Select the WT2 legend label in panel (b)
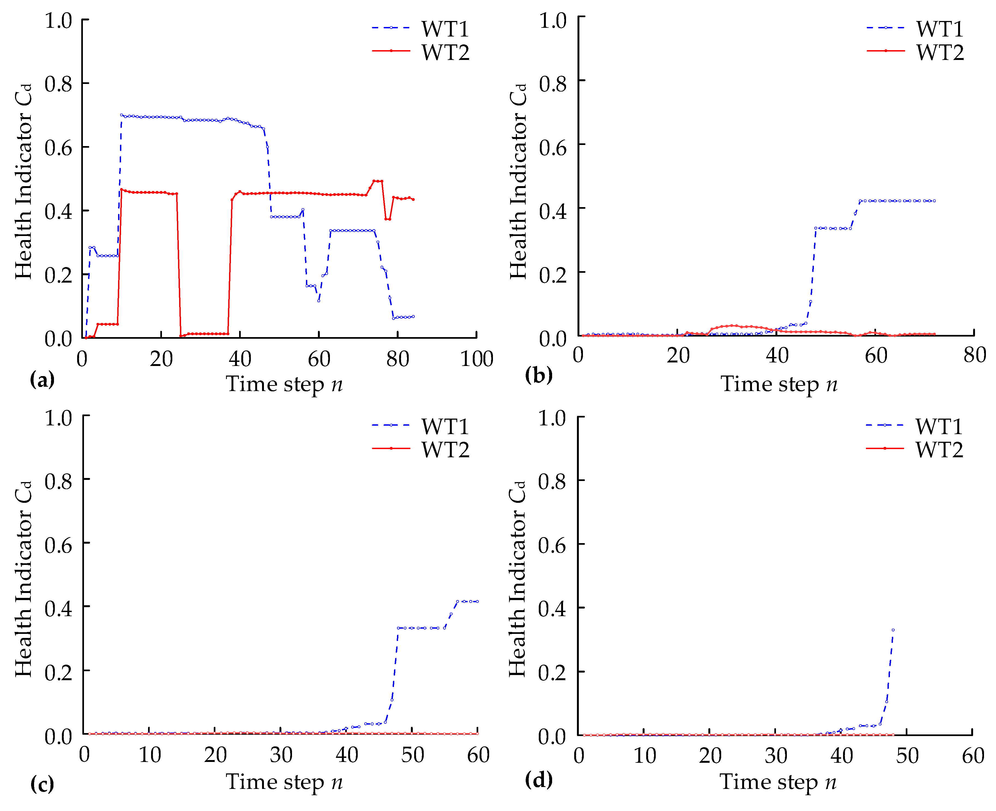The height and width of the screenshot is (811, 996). (x=940, y=52)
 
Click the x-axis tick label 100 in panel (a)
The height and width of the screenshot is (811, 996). (x=476, y=359)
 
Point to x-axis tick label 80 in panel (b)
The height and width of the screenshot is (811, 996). (x=974, y=355)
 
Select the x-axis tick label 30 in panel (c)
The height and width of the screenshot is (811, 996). (x=281, y=755)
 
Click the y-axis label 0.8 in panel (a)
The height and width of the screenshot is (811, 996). (x=58, y=84)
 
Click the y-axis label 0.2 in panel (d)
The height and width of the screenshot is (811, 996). (x=552, y=672)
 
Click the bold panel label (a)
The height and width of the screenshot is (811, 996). (x=42, y=379)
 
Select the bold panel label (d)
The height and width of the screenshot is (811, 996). (x=538, y=779)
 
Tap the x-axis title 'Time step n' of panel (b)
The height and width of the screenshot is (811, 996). (x=778, y=384)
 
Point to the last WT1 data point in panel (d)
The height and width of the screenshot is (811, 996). (x=893, y=630)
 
